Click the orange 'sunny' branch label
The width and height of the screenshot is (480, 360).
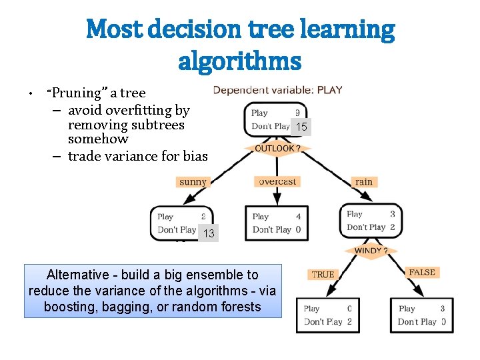point(193,181)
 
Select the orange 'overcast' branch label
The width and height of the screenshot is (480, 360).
point(277,181)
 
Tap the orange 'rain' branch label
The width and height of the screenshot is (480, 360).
point(363,181)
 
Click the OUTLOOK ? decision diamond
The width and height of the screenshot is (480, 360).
point(277,148)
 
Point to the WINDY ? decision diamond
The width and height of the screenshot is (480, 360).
point(371,251)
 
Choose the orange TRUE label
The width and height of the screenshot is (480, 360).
point(323,274)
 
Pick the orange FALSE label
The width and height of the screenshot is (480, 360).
point(421,272)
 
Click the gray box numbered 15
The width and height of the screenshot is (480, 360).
point(301,127)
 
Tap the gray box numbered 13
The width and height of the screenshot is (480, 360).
point(209,233)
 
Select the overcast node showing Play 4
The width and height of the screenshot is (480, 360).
point(277,223)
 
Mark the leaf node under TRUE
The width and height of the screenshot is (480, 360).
point(327,315)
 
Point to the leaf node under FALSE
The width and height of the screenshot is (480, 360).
point(421,315)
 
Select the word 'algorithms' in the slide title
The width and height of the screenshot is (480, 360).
point(240,62)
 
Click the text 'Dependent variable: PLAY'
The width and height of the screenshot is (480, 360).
point(278,90)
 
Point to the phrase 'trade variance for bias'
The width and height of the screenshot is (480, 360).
point(137,157)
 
